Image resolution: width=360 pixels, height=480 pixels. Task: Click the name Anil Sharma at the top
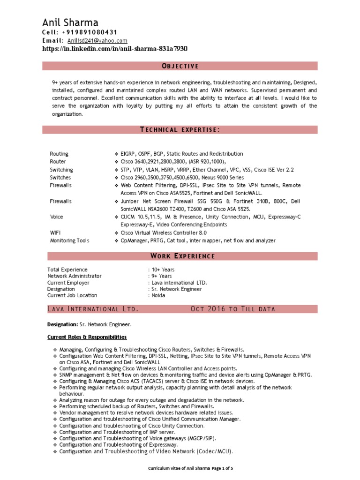(70, 22)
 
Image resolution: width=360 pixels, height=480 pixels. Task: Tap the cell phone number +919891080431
(89, 32)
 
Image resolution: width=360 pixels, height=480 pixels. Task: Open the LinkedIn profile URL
(115, 49)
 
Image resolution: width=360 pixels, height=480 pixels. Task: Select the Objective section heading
(180, 66)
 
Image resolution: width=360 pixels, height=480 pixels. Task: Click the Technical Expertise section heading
(180, 130)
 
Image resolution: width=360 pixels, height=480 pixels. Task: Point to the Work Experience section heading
(182, 256)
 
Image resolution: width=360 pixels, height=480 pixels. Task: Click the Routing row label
(59, 154)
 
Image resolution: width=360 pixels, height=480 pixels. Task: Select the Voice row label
(57, 217)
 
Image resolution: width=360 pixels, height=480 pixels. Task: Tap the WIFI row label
(56, 233)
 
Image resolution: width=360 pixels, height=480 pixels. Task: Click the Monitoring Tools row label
(70, 241)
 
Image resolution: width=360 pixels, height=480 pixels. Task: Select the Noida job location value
(158, 296)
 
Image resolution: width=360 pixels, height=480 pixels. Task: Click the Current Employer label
(68, 283)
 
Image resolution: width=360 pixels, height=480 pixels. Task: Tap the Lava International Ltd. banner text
(93, 309)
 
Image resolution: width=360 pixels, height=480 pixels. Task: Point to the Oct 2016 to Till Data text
(233, 309)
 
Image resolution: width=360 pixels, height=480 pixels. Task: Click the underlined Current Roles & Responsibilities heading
(87, 337)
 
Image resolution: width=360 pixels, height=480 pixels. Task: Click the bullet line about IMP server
(117, 432)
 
